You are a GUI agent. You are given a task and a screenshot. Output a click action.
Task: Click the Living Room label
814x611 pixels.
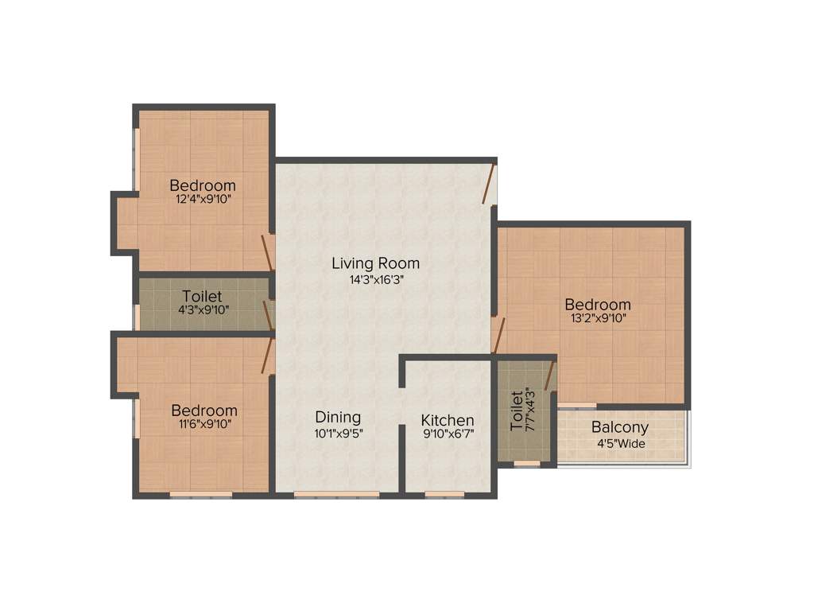tap(375, 263)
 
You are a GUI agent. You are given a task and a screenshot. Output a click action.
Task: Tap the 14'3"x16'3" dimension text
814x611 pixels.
tap(375, 279)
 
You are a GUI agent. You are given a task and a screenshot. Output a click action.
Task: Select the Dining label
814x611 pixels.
tap(338, 417)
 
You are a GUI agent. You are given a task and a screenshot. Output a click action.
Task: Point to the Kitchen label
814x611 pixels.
tap(448, 420)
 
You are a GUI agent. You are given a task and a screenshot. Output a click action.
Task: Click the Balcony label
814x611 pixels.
tap(620, 427)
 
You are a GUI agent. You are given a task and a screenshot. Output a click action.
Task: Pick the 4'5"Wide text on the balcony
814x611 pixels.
tap(620, 442)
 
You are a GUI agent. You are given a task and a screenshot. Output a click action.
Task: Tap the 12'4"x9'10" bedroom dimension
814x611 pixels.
tap(203, 200)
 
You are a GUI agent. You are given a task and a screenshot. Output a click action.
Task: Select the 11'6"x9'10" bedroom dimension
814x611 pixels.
tap(204, 425)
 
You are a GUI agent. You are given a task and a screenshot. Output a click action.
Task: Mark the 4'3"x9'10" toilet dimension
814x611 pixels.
tap(202, 310)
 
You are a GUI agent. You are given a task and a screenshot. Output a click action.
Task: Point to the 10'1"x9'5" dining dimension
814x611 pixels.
tap(338, 433)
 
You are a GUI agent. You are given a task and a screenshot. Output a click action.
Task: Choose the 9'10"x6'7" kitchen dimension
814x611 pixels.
tap(448, 435)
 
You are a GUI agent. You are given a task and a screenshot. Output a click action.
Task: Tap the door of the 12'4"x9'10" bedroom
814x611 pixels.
tap(268, 253)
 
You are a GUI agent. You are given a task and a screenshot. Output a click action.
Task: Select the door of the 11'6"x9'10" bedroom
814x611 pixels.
tap(268, 355)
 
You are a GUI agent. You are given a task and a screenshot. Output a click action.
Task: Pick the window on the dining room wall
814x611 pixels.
tap(336, 495)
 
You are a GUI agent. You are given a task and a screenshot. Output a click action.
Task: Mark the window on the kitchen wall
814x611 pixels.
tap(444, 495)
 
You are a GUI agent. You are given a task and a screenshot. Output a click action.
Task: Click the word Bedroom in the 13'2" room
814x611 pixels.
tap(598, 305)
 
